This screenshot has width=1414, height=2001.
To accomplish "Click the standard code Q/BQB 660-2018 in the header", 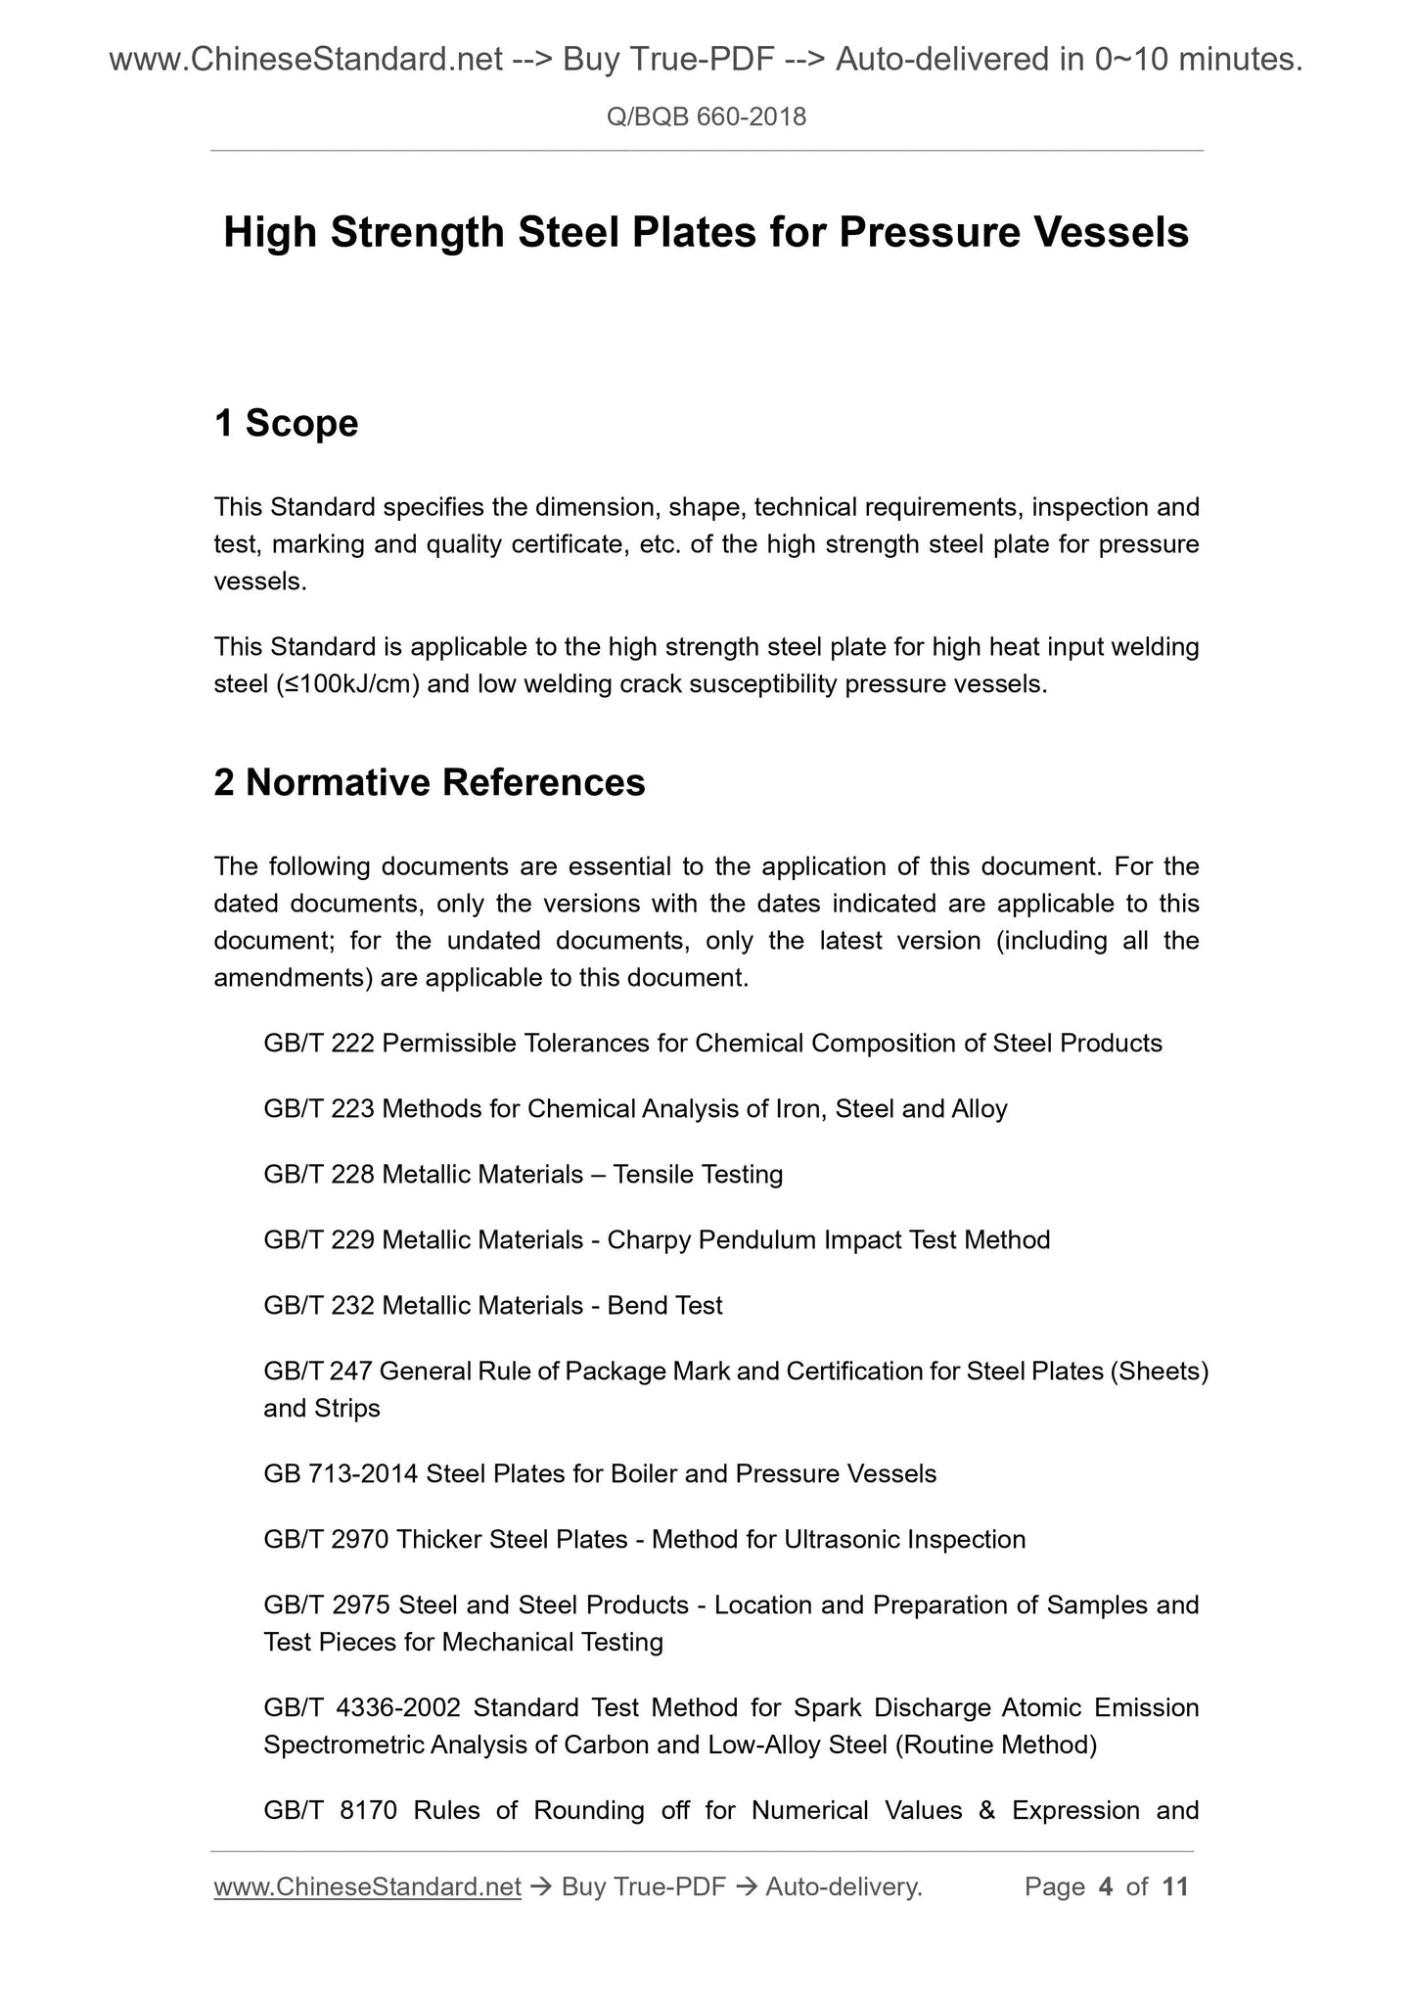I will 707,117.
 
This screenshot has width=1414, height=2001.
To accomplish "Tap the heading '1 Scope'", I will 286,423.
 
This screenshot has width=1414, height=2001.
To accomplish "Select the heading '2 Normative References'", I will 430,782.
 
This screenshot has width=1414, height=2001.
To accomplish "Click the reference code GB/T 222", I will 319,1044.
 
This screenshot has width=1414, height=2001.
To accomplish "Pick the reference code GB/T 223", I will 319,1109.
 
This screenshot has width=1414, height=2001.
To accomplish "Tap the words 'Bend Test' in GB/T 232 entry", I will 664,1306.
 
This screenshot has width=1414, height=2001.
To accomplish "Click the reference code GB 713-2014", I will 341,1474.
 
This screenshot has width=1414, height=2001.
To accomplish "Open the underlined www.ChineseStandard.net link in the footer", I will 367,1886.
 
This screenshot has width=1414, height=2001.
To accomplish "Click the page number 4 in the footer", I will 1106,1886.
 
